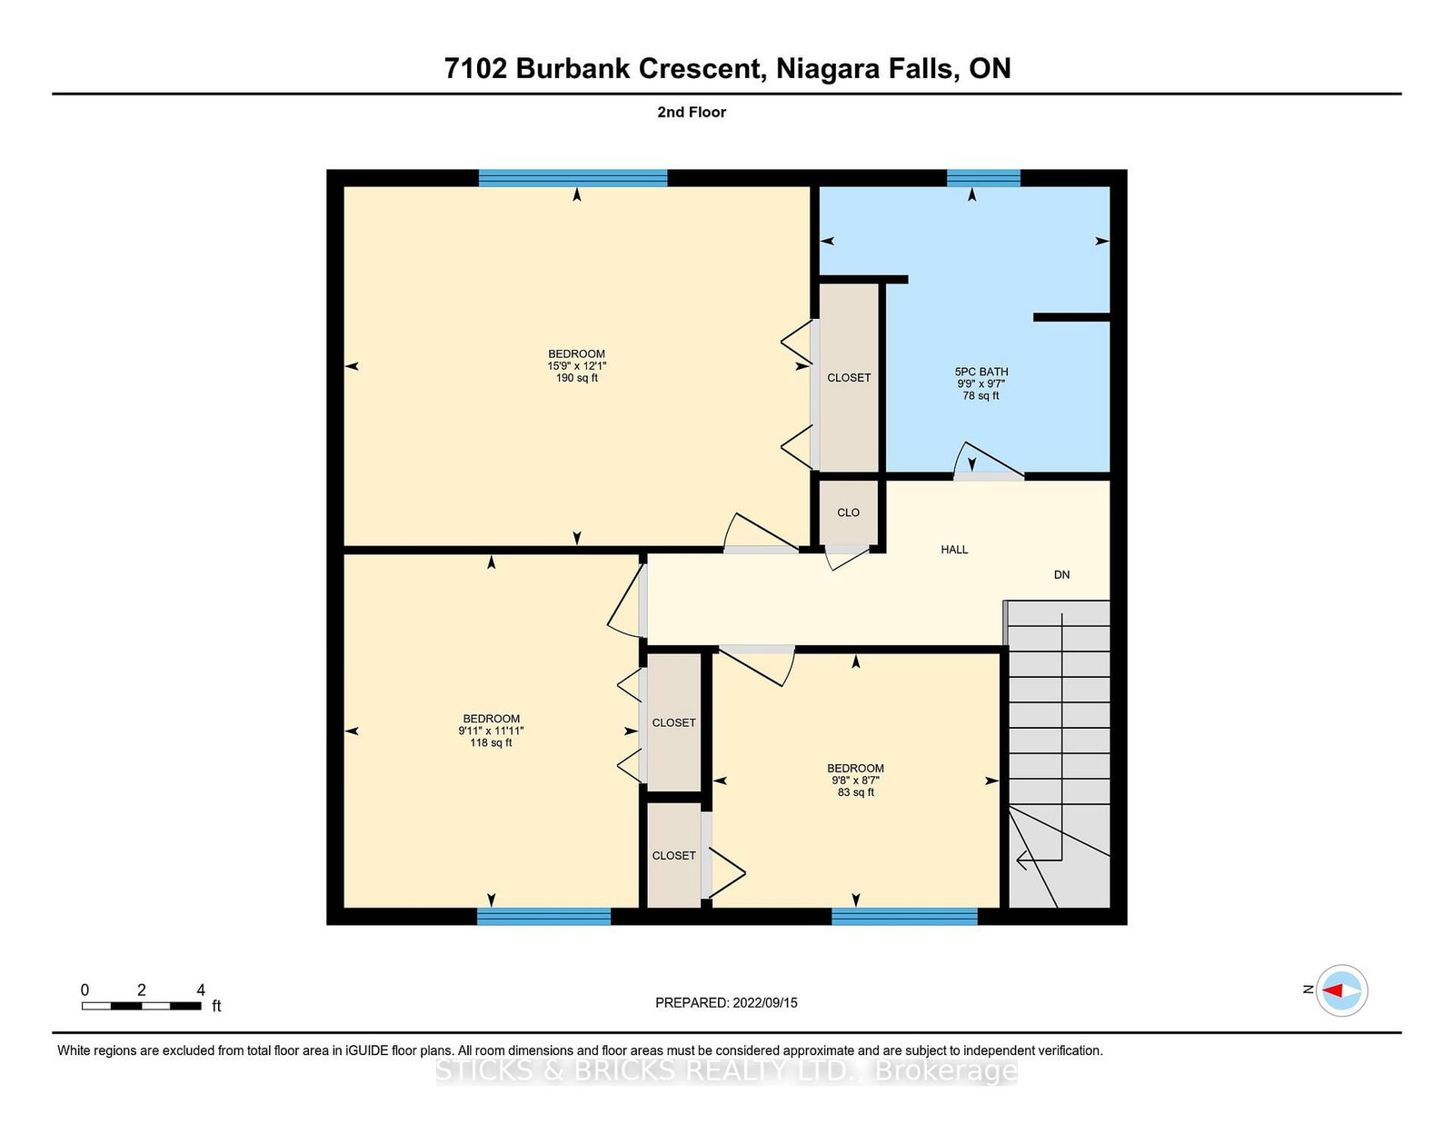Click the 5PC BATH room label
[x=981, y=372]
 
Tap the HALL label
[x=954, y=550]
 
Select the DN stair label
[x=1062, y=574]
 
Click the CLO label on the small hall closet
[x=848, y=512]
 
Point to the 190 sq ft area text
[x=577, y=378]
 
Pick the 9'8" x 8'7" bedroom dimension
[x=855, y=781]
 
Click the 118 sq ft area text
[x=491, y=742]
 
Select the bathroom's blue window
[x=983, y=178]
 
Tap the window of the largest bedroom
[x=573, y=178]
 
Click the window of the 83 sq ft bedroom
[x=904, y=917]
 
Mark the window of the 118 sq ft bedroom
[x=543, y=917]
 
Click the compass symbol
[x=1341, y=990]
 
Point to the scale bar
[x=141, y=1006]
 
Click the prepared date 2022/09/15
[x=765, y=1003]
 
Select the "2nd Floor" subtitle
[x=692, y=113]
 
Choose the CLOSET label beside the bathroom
[x=849, y=378]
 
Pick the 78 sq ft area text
[x=981, y=396]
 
